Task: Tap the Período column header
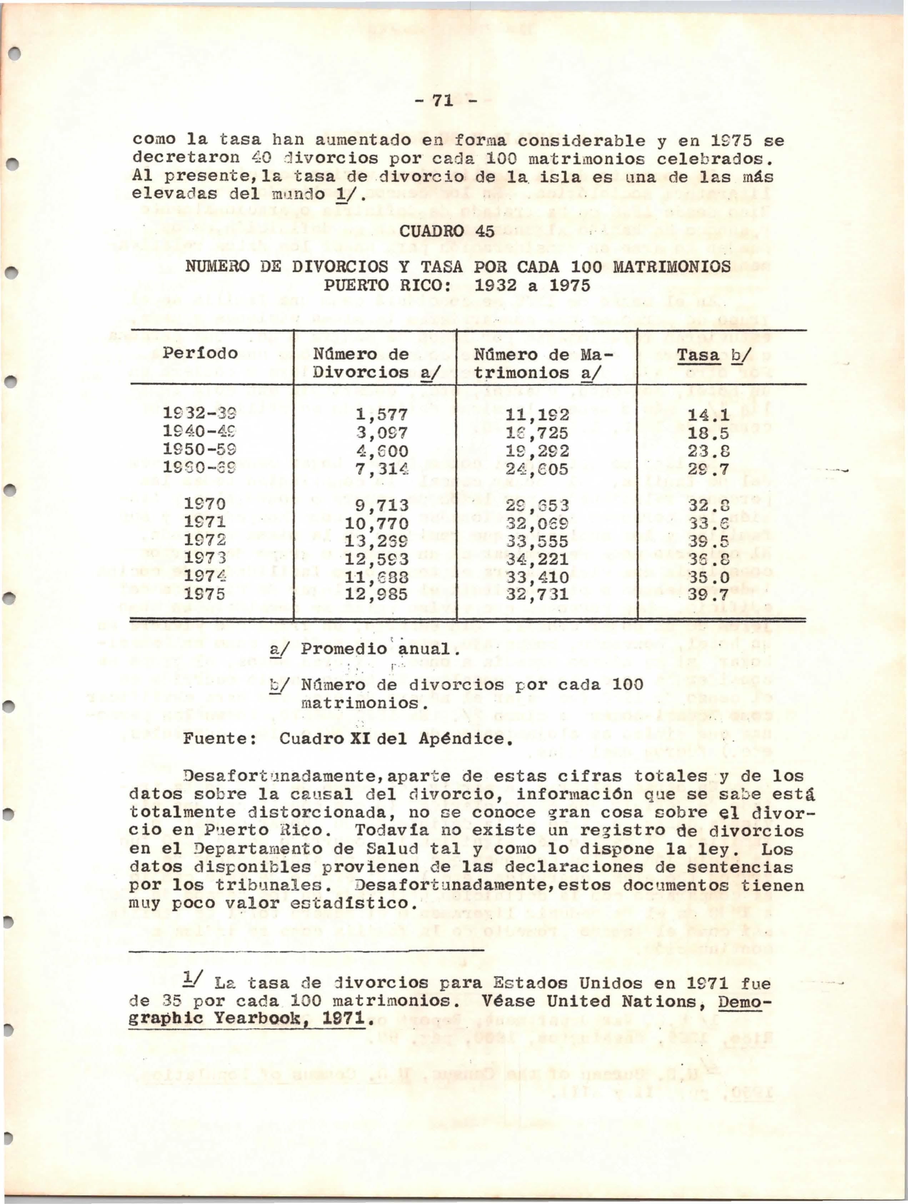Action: [x=200, y=353]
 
